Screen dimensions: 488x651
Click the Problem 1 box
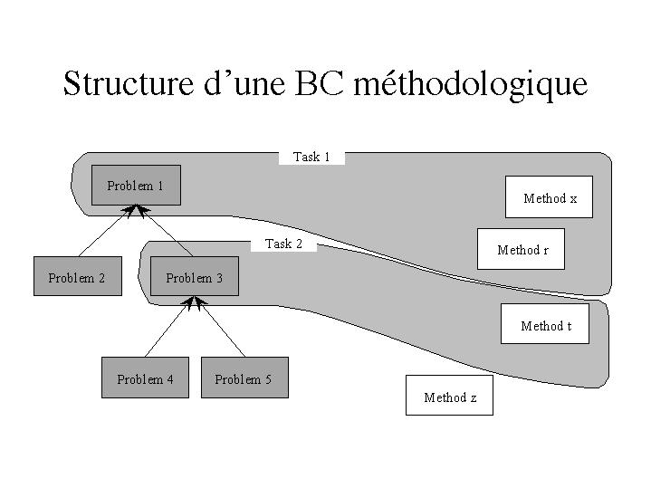coord(136,186)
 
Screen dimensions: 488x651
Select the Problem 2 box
coord(77,277)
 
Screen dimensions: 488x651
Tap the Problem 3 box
coord(194,277)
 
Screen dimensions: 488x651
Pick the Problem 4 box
coord(145,378)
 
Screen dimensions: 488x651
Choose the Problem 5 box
coord(243,378)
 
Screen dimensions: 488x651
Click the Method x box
coord(549,197)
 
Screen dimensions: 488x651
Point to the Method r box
coord(522,249)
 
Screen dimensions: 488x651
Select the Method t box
coord(545,325)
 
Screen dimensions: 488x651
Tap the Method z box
coord(449,396)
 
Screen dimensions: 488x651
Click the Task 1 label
coord(311,158)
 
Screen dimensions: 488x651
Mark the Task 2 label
coord(283,244)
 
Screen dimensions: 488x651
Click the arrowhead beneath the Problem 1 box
coord(137,211)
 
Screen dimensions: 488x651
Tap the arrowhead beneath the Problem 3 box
coord(193,302)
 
